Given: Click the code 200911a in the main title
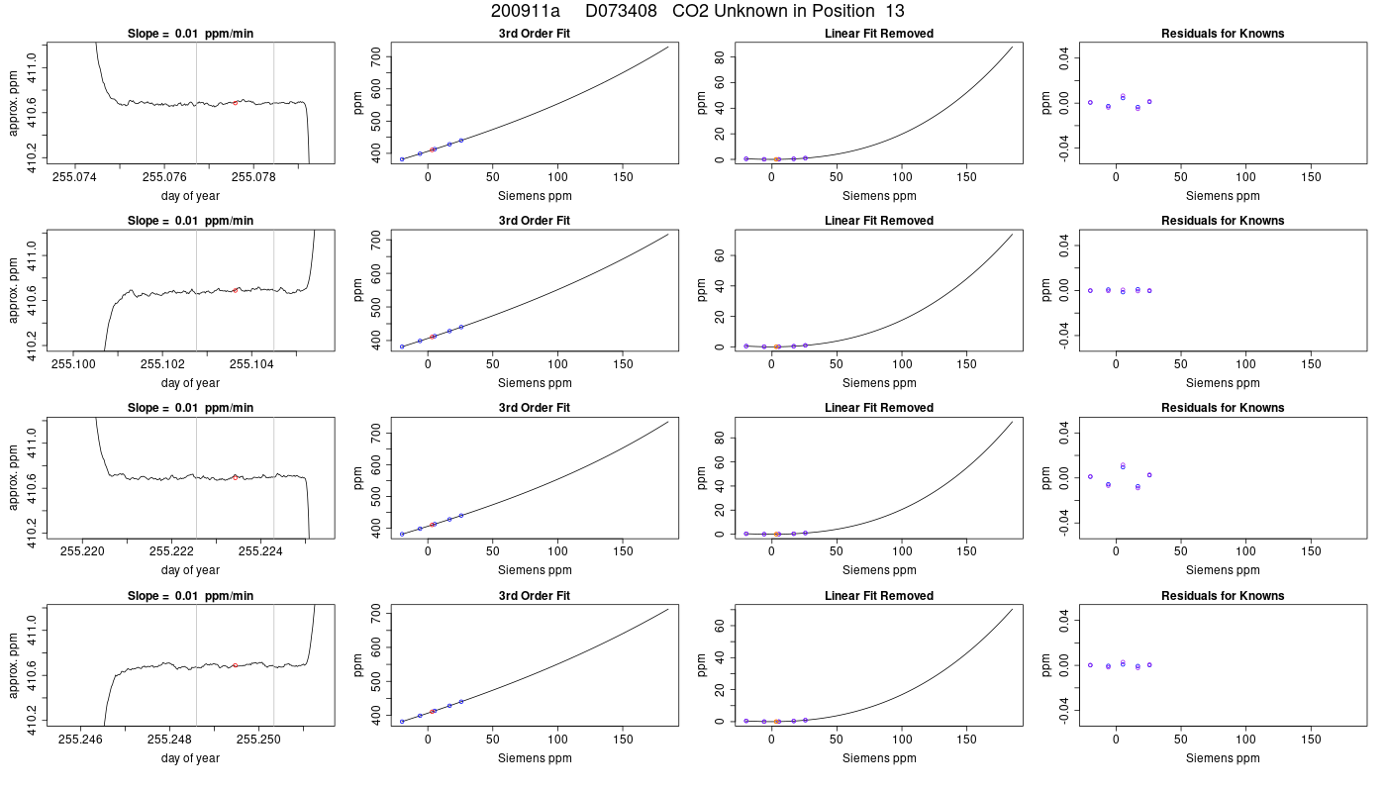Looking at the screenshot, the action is (x=526, y=11).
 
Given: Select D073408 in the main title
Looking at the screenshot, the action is (x=622, y=11).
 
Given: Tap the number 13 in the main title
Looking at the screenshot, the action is (x=895, y=11).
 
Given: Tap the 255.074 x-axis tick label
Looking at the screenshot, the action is (x=75, y=177).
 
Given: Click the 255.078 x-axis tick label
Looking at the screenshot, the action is (x=253, y=177).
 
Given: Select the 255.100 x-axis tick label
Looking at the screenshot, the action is (x=73, y=364).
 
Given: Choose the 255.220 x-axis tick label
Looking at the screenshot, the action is (x=82, y=551).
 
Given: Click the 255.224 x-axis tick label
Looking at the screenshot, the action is (x=260, y=551).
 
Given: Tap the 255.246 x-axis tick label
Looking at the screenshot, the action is (x=80, y=740).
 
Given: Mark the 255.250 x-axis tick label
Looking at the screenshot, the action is (x=258, y=740).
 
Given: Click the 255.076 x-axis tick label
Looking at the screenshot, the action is (x=164, y=177).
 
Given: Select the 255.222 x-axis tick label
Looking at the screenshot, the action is (x=171, y=551).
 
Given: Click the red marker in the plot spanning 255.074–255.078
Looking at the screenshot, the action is (x=236, y=103).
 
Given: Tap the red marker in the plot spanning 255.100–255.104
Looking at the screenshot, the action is (x=236, y=290).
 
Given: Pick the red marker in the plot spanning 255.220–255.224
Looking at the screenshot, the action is (x=236, y=477).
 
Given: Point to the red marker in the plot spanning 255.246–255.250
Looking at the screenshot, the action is (x=236, y=665).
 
